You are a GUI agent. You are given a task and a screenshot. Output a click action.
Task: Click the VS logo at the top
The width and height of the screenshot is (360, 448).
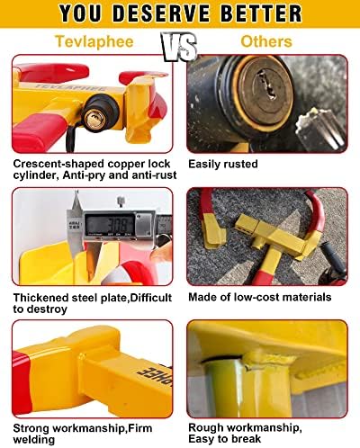179,47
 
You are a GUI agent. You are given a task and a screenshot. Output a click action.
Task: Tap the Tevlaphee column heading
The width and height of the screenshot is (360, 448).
94,41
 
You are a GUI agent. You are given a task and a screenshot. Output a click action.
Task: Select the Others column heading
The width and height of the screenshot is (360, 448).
266,41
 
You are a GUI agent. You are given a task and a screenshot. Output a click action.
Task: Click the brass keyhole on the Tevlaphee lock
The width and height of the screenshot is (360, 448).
94,120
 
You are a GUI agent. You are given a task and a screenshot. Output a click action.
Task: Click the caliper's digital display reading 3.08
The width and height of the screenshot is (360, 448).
110,224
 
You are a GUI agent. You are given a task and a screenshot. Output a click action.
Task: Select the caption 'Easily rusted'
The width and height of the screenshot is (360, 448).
223,164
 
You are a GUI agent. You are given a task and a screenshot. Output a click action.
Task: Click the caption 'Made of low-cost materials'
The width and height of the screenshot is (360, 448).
260,297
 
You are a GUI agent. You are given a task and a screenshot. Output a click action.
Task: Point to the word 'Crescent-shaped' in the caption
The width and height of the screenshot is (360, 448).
58,164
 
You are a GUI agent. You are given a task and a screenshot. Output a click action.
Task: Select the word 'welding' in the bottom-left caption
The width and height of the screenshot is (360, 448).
34,440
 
